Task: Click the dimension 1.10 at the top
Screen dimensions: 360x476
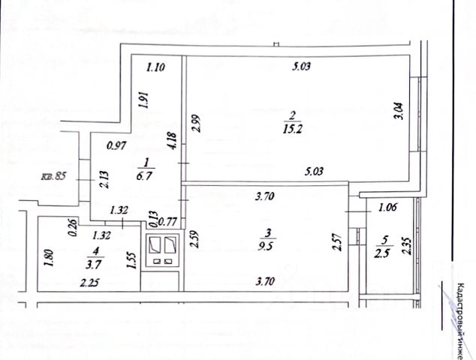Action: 155,67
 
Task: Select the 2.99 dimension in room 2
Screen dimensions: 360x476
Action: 195,122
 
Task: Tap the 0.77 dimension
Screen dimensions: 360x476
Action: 168,221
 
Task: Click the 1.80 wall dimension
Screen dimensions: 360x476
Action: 49,259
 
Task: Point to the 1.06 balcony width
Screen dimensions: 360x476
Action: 387,209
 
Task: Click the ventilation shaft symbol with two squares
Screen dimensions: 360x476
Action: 162,249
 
